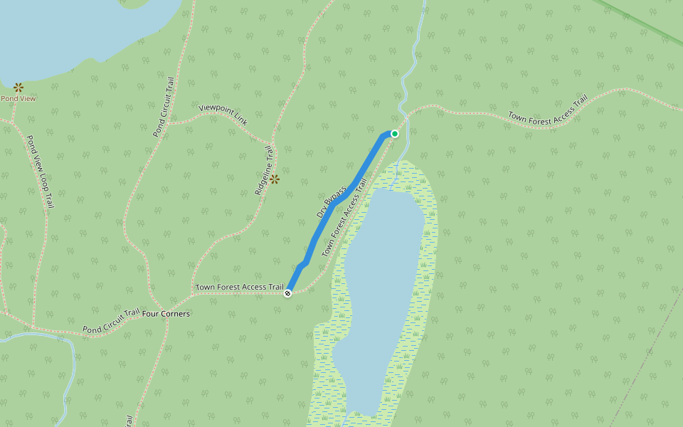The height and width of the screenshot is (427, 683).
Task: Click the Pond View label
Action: (x=18, y=98)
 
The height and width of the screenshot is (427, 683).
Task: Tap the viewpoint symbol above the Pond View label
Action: (x=18, y=87)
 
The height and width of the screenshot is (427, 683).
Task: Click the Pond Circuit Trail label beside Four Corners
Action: (x=111, y=322)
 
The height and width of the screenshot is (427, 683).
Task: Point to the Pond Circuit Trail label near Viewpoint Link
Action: (x=164, y=107)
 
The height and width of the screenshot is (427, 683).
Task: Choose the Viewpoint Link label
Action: (x=223, y=114)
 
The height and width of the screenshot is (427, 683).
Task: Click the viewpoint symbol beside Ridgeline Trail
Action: (x=275, y=179)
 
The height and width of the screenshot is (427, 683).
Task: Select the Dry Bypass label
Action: (x=332, y=202)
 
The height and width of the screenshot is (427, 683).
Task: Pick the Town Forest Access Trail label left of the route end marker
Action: (x=239, y=287)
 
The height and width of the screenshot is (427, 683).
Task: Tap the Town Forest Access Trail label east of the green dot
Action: (x=547, y=110)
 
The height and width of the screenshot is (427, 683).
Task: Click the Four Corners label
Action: (x=166, y=313)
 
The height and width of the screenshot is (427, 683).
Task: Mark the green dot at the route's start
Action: (x=395, y=133)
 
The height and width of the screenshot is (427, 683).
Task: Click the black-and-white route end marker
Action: (x=287, y=293)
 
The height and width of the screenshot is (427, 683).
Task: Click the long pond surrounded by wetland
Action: (x=381, y=285)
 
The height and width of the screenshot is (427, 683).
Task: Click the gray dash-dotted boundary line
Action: (x=640, y=363)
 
